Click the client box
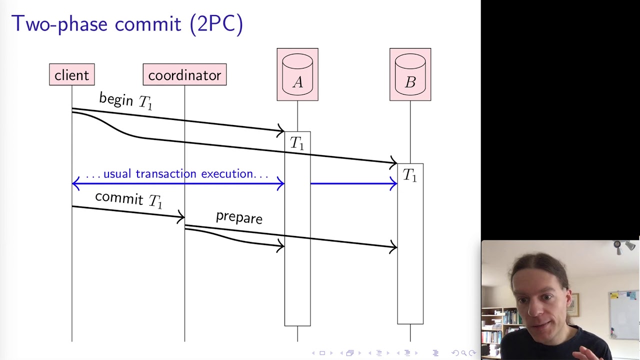click(x=71, y=75)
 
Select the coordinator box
click(x=184, y=75)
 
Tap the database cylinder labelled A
click(x=297, y=74)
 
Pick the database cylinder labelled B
click(x=410, y=74)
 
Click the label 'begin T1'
click(x=125, y=100)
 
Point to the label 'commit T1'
click(x=128, y=199)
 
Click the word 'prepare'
click(x=239, y=217)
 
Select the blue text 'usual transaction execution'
click(x=177, y=174)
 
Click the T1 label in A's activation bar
click(x=297, y=143)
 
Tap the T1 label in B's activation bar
click(x=410, y=175)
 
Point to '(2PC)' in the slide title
click(x=216, y=23)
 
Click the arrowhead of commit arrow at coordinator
click(x=181, y=217)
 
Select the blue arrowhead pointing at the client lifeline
click(x=75, y=184)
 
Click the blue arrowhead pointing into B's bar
click(x=394, y=184)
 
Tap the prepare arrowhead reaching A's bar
click(x=281, y=245)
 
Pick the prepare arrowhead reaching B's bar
click(x=394, y=246)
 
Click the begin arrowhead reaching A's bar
click(x=281, y=131)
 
